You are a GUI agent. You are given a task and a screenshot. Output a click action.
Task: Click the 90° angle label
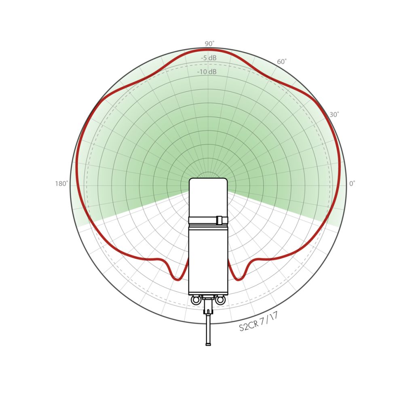point(209,44)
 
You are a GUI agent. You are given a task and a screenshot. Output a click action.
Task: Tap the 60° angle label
point(282,61)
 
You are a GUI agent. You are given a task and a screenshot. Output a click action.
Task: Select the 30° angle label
point(334,114)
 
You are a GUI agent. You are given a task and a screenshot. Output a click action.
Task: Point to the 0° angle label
point(352,184)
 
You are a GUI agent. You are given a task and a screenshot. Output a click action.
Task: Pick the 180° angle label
point(61,184)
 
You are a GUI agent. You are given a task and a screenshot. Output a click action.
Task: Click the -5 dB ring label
point(209,58)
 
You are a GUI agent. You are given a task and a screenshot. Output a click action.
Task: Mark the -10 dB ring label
point(207,72)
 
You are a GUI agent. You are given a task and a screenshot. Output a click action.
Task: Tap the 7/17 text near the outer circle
point(269,319)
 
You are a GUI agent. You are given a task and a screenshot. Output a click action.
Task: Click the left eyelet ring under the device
point(196,300)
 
